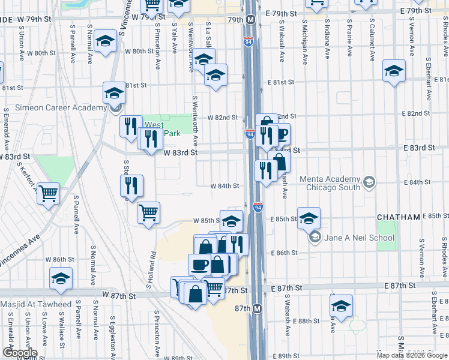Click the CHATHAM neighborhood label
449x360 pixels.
click(399, 217)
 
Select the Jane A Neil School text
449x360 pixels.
click(359, 238)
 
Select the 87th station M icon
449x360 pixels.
click(258, 308)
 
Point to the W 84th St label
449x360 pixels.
click(224, 186)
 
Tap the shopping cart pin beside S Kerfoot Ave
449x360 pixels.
click(48, 193)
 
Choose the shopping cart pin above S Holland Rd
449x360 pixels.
click(148, 212)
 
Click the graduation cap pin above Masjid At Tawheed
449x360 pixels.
click(61, 278)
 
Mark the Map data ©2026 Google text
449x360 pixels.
click(412, 355)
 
